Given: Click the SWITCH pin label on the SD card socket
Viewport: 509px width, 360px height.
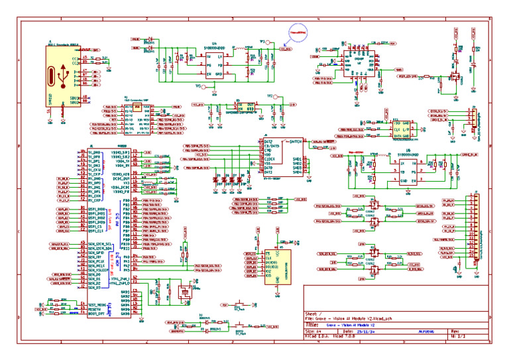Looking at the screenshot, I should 294,142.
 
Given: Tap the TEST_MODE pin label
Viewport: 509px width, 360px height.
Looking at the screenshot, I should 97,304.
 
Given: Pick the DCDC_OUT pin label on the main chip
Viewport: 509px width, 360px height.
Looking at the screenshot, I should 122,177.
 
